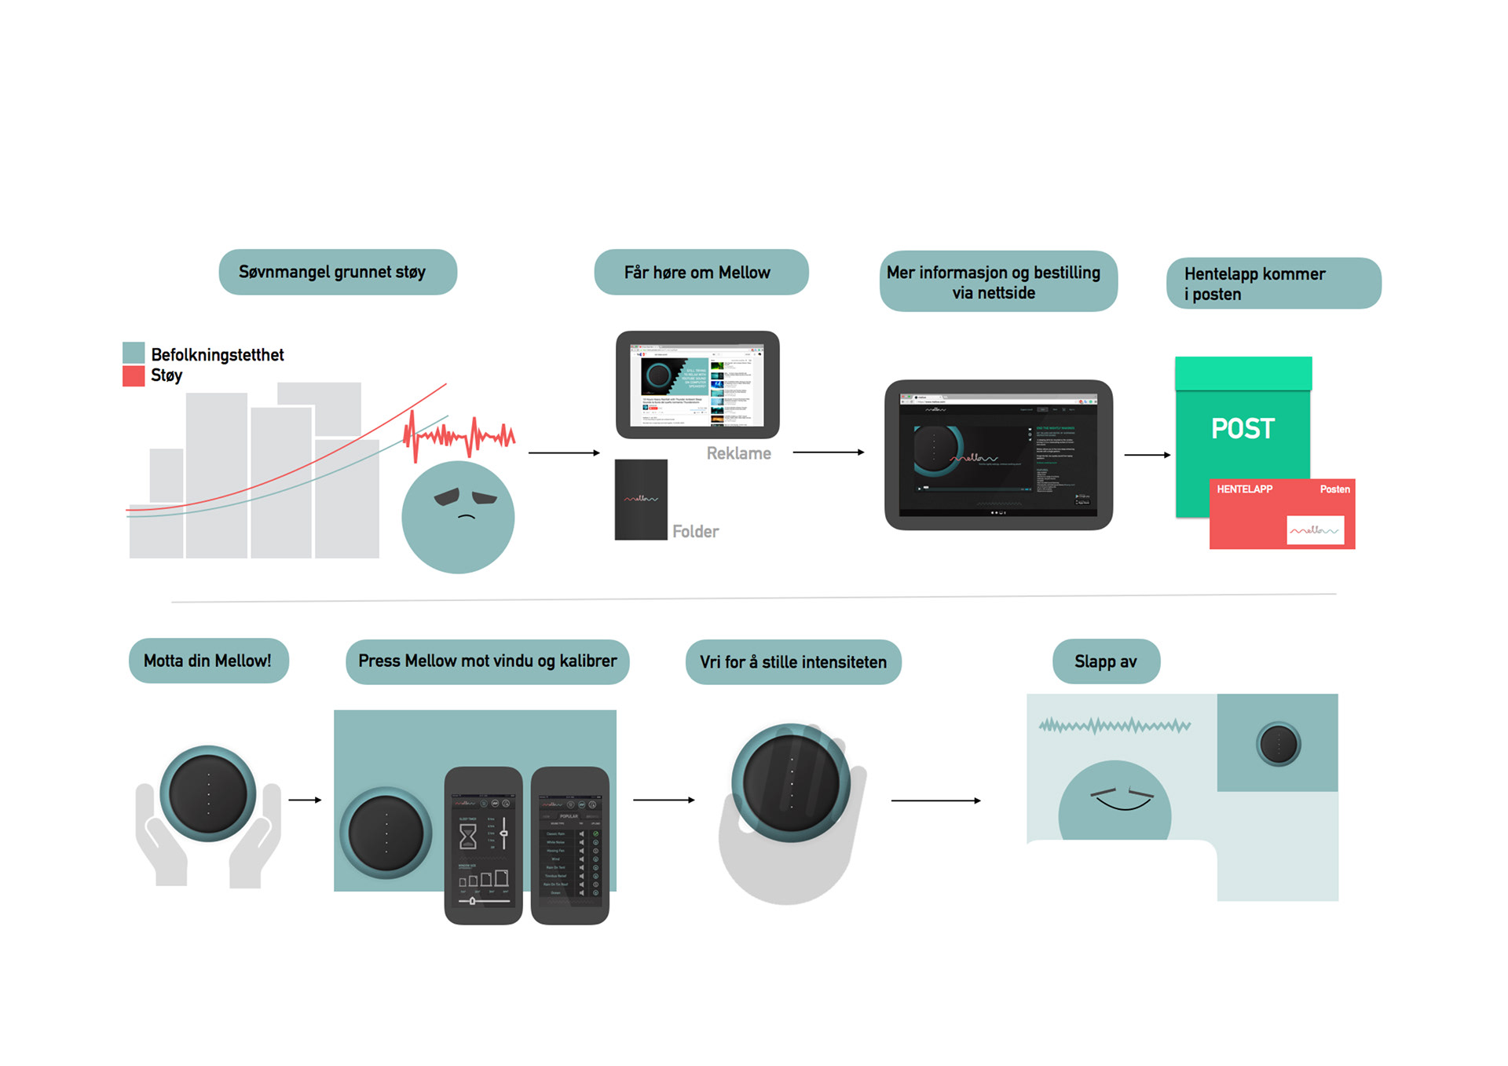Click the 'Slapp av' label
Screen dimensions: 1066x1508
[1105, 661]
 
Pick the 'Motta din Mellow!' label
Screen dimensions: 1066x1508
[208, 661]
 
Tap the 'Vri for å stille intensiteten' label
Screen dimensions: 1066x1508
[793, 662]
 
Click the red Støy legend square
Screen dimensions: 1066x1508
[134, 376]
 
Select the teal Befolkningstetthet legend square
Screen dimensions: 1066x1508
[134, 353]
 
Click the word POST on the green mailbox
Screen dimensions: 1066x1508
[1243, 429]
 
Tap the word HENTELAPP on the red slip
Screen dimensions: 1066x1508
[1244, 489]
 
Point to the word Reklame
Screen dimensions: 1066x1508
[738, 453]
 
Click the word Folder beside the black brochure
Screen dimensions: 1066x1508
[695, 532]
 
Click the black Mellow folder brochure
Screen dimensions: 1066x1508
[641, 500]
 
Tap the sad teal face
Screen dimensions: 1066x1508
[458, 517]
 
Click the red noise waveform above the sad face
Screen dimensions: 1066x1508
[459, 435]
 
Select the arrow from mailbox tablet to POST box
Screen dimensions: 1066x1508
[1147, 455]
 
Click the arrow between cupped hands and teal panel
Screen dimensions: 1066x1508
[305, 800]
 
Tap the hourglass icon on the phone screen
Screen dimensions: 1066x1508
[468, 837]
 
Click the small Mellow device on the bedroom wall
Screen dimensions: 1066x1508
[1279, 743]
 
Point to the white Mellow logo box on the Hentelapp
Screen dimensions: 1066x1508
[1315, 530]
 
